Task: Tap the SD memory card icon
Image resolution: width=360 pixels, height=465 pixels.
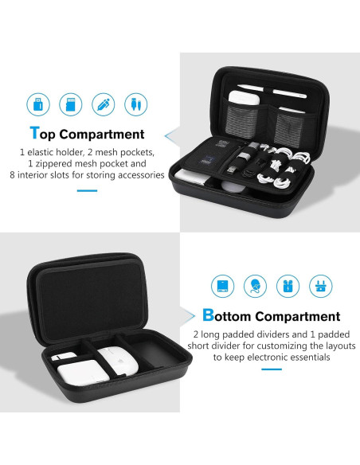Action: click(70, 104)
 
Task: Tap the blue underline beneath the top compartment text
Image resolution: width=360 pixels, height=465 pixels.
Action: click(87, 190)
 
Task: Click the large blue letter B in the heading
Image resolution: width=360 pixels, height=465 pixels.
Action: click(209, 315)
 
